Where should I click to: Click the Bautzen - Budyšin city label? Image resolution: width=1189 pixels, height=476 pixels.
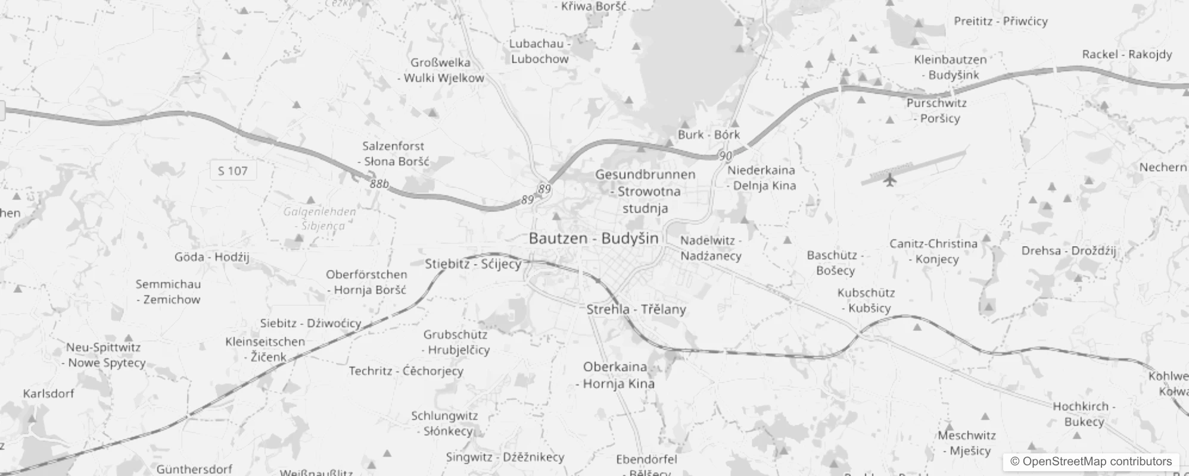click(x=593, y=239)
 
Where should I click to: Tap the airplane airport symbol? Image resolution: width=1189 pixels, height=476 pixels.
click(x=890, y=179)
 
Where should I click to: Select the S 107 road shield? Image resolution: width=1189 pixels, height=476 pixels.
click(x=232, y=171)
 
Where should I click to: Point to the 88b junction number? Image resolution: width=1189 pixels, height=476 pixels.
click(x=379, y=184)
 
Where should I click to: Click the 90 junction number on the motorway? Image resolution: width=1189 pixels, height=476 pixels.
click(x=725, y=156)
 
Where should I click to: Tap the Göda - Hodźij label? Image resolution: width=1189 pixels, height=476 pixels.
click(x=211, y=257)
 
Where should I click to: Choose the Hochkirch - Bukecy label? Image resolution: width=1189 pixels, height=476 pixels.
click(x=1084, y=414)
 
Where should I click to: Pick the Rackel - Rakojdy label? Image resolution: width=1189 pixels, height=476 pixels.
click(x=1126, y=54)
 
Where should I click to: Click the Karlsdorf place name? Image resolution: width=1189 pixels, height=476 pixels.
click(x=49, y=393)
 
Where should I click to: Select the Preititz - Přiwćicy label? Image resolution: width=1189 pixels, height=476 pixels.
click(x=1000, y=21)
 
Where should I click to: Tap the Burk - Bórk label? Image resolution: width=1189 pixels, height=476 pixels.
click(x=708, y=134)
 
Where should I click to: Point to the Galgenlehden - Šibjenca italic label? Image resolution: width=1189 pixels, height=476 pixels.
click(x=320, y=218)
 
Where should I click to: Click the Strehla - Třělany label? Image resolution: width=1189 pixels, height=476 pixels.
click(x=636, y=309)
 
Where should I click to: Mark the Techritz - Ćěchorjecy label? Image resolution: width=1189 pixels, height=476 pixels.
click(x=406, y=371)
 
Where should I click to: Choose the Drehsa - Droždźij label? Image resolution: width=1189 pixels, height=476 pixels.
click(x=1069, y=250)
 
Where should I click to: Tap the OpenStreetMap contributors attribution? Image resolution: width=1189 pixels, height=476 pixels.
click(x=1091, y=461)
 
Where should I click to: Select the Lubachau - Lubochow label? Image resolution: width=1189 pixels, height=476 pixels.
click(x=540, y=51)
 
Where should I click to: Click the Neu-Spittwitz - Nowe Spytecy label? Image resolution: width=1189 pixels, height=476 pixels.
click(x=104, y=355)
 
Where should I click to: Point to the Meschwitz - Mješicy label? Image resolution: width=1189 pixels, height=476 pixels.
click(x=967, y=443)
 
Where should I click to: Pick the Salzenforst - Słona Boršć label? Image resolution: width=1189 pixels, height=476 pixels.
click(x=394, y=154)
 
